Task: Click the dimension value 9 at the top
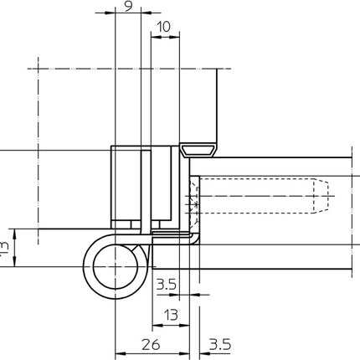point(126,7)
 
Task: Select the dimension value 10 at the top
point(163,28)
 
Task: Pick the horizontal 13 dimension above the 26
point(171,314)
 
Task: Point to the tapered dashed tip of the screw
point(318,198)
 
